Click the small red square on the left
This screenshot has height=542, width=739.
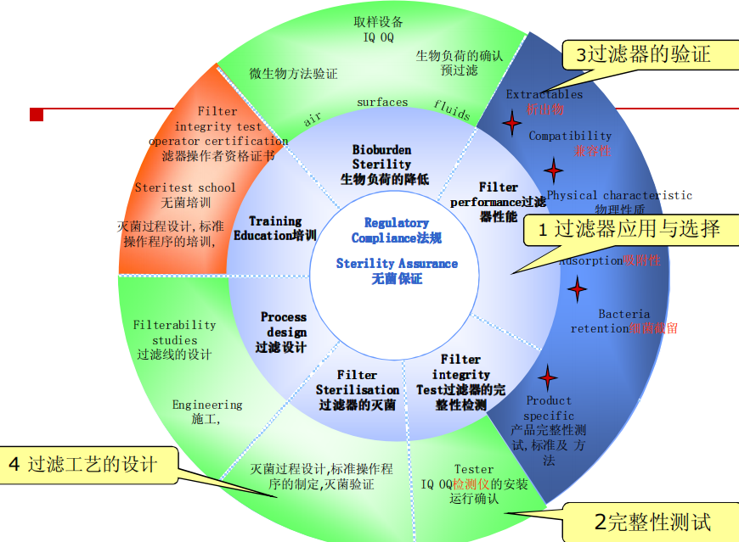pos(37,114)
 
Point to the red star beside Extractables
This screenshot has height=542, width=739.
pos(511,126)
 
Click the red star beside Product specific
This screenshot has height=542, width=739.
pos(548,377)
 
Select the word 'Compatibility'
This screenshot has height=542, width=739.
pos(570,136)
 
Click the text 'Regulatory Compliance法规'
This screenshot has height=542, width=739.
pos(397,230)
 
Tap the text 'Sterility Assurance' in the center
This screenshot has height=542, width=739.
pos(397,264)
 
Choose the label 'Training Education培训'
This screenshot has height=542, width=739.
pos(274,228)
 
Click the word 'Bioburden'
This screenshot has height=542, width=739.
pos(381,150)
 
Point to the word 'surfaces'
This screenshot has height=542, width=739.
pos(382,103)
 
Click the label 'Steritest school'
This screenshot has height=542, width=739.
pos(185,187)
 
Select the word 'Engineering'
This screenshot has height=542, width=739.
pos(207,405)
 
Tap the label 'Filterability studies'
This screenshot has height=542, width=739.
pos(174,332)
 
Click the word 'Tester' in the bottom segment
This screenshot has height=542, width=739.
pos(473,469)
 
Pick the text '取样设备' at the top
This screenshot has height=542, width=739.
pos(379,22)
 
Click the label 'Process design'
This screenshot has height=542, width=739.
pos(283,324)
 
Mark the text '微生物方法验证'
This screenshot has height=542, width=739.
pos(293,74)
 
